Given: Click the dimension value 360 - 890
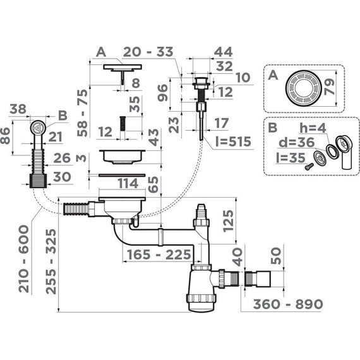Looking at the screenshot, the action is tap(288, 304).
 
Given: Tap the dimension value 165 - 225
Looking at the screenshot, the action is tap(159, 255).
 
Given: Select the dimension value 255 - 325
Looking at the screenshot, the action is tap(51, 261).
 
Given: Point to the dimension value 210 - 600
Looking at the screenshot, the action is tap(24, 259).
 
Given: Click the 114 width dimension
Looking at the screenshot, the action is tap(128, 183).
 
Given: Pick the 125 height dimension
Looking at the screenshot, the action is tap(228, 221).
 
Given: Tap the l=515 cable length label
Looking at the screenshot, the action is tap(233, 141).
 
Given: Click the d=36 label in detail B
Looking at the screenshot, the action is tap(296, 142).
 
